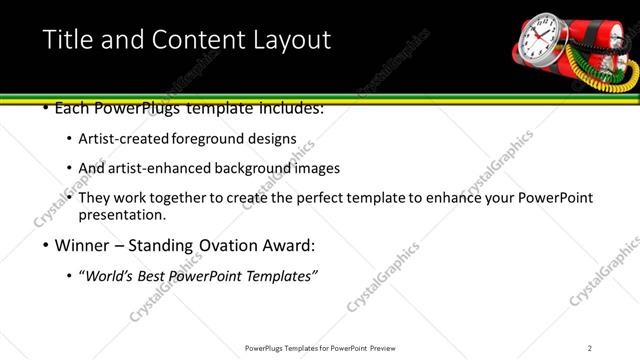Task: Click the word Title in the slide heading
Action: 67,41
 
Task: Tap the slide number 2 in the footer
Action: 590,348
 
